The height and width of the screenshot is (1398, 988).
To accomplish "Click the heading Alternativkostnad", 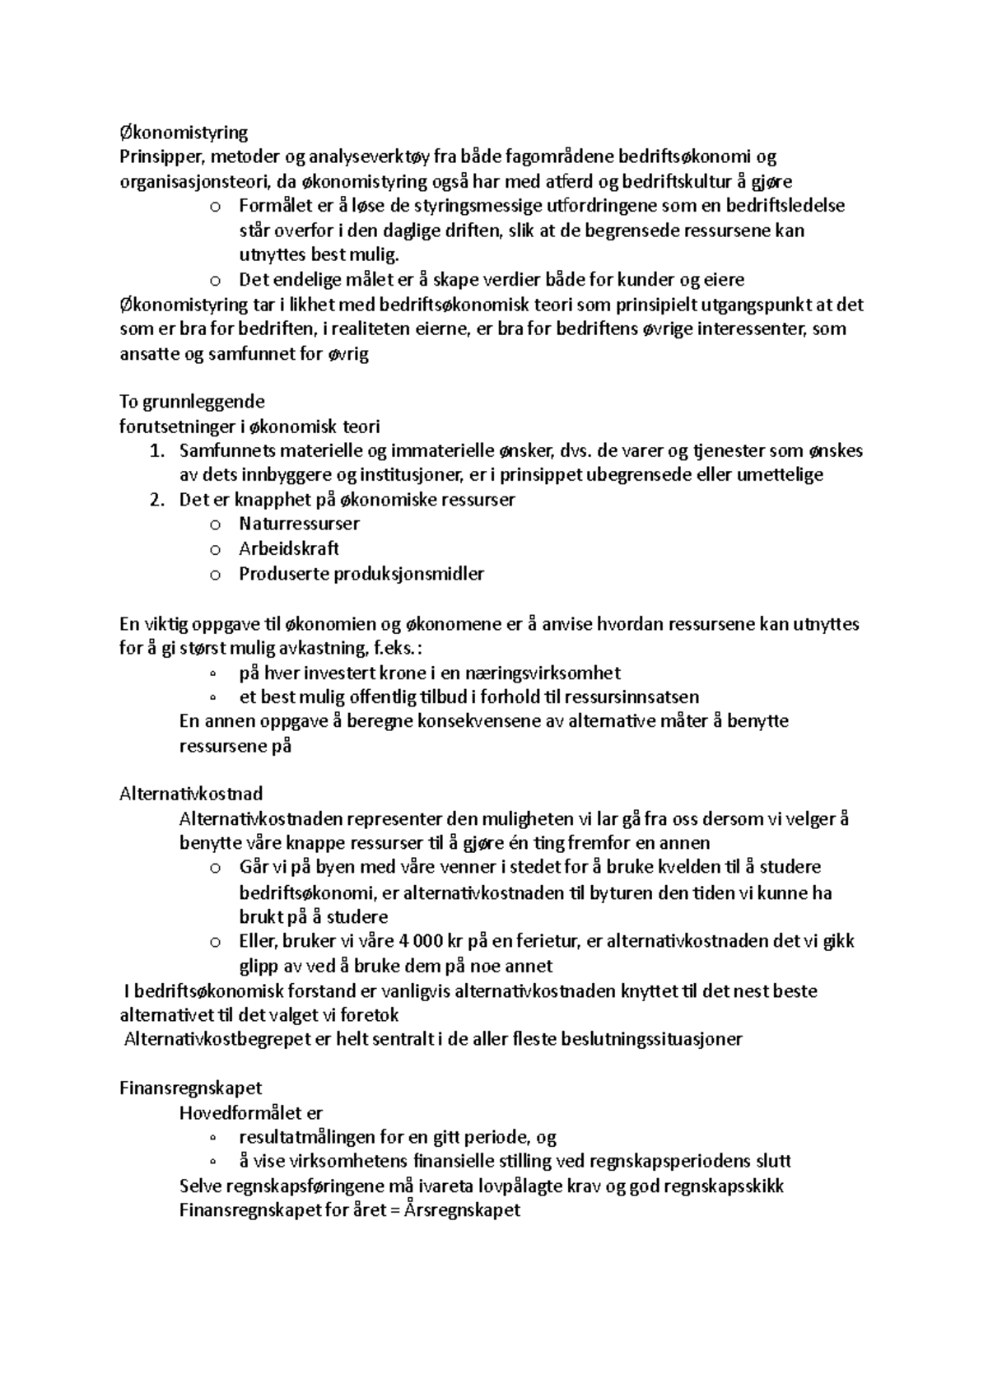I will click(191, 795).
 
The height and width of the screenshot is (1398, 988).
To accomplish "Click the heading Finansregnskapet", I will click(190, 1088).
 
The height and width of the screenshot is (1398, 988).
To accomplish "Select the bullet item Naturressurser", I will click(299, 524).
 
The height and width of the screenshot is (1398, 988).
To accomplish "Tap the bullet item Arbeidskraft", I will click(289, 548).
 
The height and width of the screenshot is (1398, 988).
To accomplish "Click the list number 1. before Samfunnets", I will click(157, 451).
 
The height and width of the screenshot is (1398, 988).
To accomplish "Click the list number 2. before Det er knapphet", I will click(157, 500).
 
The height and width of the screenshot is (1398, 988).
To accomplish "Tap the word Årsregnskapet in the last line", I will click(463, 1210).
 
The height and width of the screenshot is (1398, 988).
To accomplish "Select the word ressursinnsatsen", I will click(631, 697).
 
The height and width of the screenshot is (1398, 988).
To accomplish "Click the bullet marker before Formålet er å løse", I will click(216, 207).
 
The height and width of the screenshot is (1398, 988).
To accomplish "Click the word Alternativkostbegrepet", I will click(216, 1039).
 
